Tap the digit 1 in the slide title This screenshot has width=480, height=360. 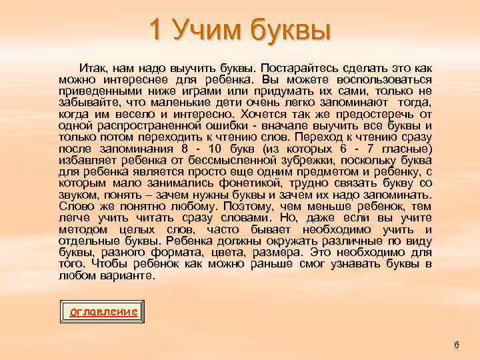tap(155, 30)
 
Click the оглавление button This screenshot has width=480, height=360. tap(104, 311)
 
